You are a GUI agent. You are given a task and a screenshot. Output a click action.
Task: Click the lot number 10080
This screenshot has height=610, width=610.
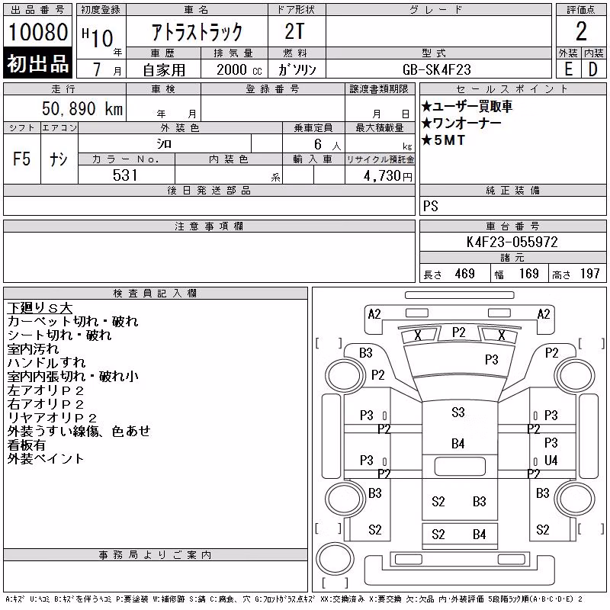pyautogui.click(x=37, y=32)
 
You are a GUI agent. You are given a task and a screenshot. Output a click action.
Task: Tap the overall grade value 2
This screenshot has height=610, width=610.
pyautogui.click(x=581, y=31)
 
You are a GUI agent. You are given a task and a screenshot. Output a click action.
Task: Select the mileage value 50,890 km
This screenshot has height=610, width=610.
pyautogui.click(x=82, y=108)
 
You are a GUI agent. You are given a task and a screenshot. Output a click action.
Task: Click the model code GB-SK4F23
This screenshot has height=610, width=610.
pyautogui.click(x=436, y=69)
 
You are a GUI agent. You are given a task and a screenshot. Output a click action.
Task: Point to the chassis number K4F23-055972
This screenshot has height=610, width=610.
pyautogui.click(x=512, y=242)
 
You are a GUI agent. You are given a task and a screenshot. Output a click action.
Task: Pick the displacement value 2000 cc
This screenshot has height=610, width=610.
pyautogui.click(x=239, y=69)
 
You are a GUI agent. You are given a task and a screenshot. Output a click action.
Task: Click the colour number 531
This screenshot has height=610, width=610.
pyautogui.click(x=125, y=175)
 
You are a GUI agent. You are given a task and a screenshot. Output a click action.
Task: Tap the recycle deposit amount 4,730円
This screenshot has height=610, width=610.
pyautogui.click(x=388, y=176)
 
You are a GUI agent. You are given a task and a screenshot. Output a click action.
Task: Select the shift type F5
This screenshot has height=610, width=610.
pyautogui.click(x=21, y=159)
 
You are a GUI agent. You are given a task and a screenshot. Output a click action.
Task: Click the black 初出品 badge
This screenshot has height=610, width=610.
pyautogui.click(x=37, y=63)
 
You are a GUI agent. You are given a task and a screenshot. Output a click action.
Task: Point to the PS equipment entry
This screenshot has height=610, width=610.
pyautogui.click(x=430, y=206)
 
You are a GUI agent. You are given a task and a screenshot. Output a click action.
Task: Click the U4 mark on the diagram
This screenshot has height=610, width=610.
pyautogui.click(x=551, y=461)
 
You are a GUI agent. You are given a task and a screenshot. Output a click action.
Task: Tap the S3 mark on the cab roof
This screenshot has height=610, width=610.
pyautogui.click(x=458, y=412)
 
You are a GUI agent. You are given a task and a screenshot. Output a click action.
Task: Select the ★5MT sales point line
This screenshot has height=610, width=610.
pyautogui.click(x=443, y=140)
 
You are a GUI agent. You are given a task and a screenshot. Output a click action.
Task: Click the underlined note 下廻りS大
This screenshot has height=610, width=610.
pyautogui.click(x=40, y=308)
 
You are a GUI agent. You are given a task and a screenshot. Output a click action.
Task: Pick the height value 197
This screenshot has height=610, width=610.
pyautogui.click(x=589, y=274)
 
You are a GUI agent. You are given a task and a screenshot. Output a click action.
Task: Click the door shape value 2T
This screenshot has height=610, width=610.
pyautogui.click(x=294, y=31)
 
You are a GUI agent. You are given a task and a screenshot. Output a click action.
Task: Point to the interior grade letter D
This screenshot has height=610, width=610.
pyautogui.click(x=593, y=69)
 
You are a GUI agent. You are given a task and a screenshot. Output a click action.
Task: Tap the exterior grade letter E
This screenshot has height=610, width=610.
pyautogui.click(x=568, y=69)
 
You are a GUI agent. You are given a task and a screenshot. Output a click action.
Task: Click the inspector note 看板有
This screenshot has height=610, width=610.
pyautogui.click(x=26, y=445)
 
